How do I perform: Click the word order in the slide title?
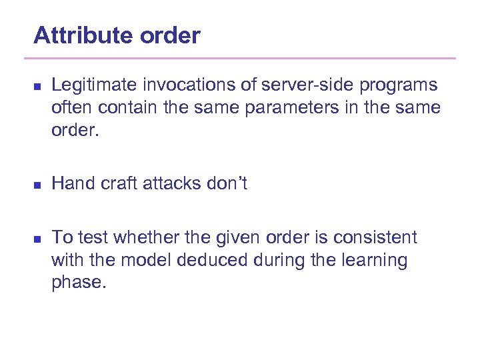coord(170,35)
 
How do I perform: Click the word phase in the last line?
coord(76,283)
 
